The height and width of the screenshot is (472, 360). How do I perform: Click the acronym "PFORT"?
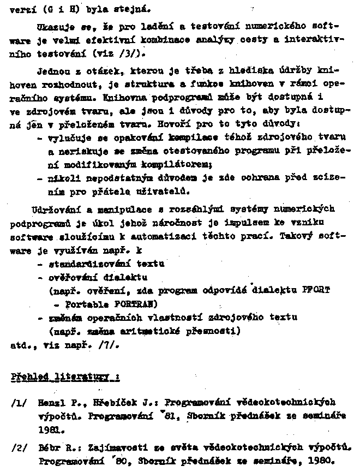pyautogui.click(x=316, y=290)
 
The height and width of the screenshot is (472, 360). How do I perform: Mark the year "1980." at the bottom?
pyautogui.click(x=319, y=459)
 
